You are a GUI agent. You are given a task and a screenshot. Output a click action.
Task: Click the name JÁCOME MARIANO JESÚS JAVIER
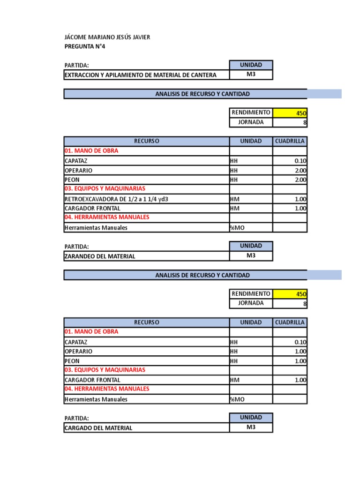pos(107,37)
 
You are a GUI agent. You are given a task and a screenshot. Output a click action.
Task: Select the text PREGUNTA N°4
pos(88,46)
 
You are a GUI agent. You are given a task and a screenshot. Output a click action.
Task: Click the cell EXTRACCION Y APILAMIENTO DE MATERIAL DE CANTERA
pos(140,75)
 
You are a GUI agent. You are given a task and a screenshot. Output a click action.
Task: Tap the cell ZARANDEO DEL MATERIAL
pos(100,256)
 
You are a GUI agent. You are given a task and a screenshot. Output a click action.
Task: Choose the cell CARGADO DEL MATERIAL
pos(98,428)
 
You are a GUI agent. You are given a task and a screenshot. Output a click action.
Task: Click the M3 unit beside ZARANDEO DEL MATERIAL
pos(251,255)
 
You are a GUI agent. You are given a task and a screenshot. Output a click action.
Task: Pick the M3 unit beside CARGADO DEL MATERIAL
pos(251,427)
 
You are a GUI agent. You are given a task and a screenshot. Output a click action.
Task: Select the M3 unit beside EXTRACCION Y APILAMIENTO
pos(251,75)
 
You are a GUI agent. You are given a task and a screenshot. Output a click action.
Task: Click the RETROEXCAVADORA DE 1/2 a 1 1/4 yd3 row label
pos(116,199)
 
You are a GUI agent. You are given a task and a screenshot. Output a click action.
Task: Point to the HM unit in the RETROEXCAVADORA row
pos(235,199)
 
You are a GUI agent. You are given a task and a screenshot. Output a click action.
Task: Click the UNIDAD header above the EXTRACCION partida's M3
pos(251,65)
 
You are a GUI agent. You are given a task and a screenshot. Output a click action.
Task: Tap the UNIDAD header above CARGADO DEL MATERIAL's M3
pos(251,418)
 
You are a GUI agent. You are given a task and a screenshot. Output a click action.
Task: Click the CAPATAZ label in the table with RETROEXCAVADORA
pos(76,161)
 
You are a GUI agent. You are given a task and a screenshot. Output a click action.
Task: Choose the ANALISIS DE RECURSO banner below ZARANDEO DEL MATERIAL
pos(202,275)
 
